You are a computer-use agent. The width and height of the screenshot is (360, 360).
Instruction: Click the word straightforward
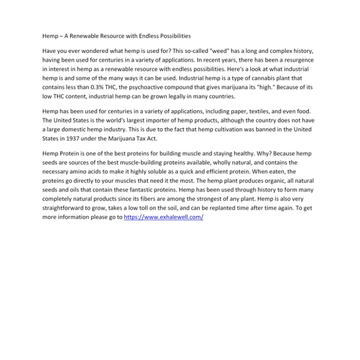click(67, 208)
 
